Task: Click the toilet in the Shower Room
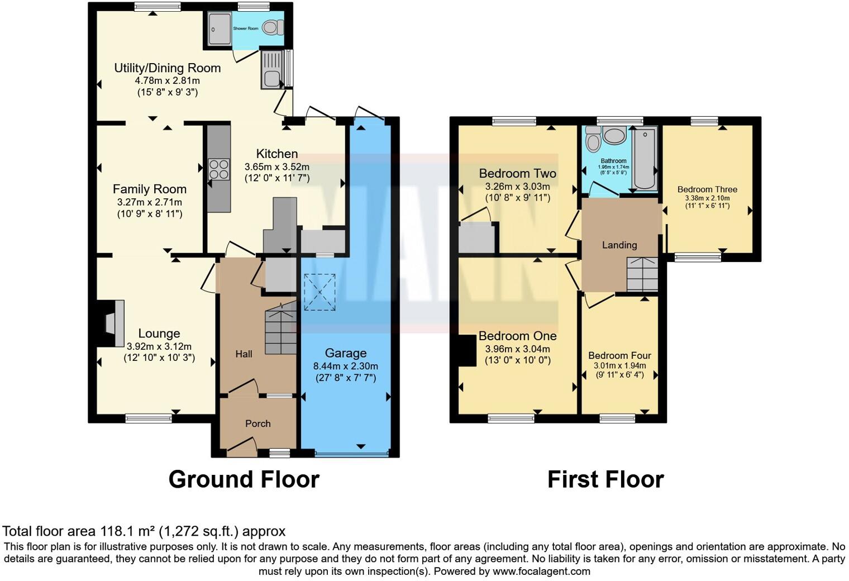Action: click(274, 27)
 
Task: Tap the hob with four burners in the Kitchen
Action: click(219, 169)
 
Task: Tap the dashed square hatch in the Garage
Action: click(319, 292)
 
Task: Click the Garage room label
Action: click(346, 353)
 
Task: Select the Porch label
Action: click(257, 423)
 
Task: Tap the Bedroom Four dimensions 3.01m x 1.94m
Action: click(619, 366)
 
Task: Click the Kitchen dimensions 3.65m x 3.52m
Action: click(276, 166)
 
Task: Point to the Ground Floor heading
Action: click(244, 479)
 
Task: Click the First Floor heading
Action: click(605, 479)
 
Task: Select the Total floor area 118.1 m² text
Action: click(144, 531)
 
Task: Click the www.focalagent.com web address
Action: click(541, 572)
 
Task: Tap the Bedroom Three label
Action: click(707, 189)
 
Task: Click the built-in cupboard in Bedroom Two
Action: click(478, 238)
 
